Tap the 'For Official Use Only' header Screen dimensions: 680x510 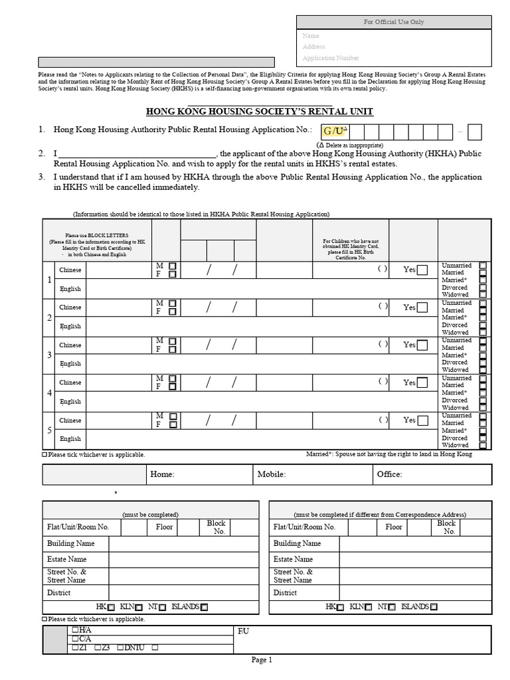[x=394, y=22]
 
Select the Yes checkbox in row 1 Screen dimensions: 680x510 [x=422, y=270]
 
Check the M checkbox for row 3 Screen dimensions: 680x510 [x=173, y=341]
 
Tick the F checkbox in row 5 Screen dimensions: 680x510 [x=173, y=424]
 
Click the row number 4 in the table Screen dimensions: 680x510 [x=49, y=392]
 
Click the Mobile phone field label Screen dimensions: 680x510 [x=272, y=474]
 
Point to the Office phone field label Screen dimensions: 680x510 [x=389, y=474]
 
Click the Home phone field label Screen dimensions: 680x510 [x=162, y=474]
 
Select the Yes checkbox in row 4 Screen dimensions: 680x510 [x=422, y=382]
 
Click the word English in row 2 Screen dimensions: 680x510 [x=70, y=326]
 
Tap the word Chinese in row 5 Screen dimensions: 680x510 [x=70, y=420]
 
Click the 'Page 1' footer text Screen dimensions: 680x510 [x=261, y=659]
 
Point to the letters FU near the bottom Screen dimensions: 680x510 [x=243, y=631]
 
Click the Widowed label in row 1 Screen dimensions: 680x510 [x=455, y=294]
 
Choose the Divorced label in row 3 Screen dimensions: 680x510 [x=455, y=363]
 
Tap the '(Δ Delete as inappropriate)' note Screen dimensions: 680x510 [x=350, y=145]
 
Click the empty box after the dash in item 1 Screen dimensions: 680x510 [x=474, y=132]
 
